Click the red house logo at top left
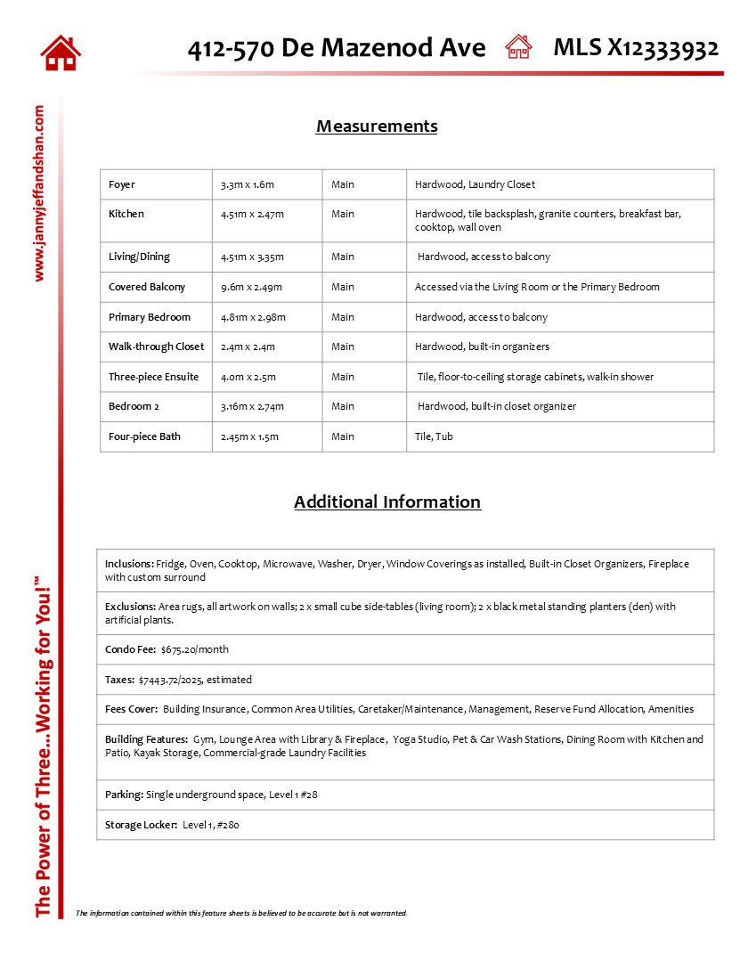tap(61, 53)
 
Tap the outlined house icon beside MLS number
tap(518, 47)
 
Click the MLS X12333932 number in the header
tap(636, 48)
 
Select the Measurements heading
tap(377, 126)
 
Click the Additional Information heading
tap(387, 501)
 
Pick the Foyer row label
tap(122, 184)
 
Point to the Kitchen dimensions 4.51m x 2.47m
tap(252, 214)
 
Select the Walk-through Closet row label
tap(156, 346)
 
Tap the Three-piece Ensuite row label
tap(153, 377)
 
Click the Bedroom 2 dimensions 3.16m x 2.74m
tap(252, 406)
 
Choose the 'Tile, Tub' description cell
tap(434, 436)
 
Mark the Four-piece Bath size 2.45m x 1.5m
tap(249, 436)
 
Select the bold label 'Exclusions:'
tap(130, 607)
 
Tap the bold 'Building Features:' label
tap(146, 739)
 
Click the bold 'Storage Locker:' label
tap(141, 825)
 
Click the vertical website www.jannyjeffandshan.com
tap(39, 193)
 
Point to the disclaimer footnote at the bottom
tap(241, 913)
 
